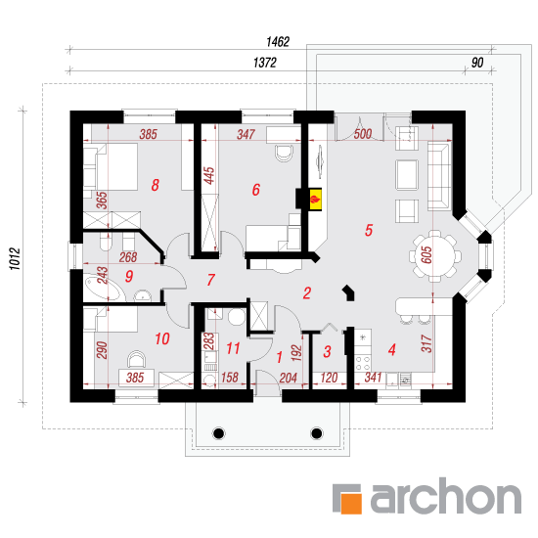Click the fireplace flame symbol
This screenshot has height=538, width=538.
click(x=315, y=199)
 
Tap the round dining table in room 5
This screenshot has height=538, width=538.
click(x=434, y=256)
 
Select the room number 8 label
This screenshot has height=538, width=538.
click(x=156, y=185)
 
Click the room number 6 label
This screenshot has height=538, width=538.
click(x=256, y=190)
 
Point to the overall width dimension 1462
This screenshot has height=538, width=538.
click(x=278, y=42)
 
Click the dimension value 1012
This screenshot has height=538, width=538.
click(x=15, y=258)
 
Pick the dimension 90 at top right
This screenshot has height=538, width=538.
click(x=477, y=63)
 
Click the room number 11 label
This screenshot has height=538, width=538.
click(x=233, y=348)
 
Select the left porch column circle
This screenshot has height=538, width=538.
click(x=218, y=433)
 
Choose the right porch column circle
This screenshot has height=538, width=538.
click(x=316, y=433)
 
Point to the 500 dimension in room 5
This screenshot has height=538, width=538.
click(x=363, y=134)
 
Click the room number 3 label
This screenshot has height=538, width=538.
click(x=328, y=352)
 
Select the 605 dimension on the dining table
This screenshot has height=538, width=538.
click(x=426, y=255)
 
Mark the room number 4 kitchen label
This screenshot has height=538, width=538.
click(x=392, y=349)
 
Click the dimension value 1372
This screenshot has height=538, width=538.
click(x=265, y=63)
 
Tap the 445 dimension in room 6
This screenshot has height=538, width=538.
click(x=209, y=176)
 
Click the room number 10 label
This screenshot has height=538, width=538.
click(x=162, y=339)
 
